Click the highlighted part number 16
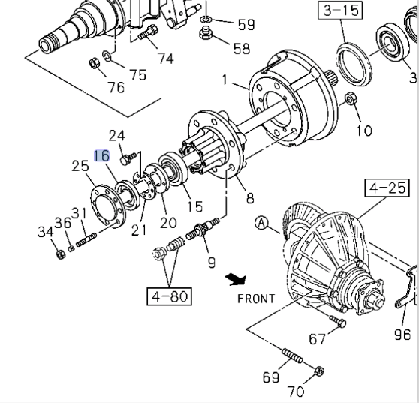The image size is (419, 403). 102,155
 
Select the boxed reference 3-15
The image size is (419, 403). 340,11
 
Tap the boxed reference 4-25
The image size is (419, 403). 387,188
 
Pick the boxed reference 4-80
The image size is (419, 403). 170,296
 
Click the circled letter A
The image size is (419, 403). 261,223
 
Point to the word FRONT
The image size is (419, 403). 256,299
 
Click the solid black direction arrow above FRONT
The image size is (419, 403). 236,279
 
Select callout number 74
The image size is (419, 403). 166,59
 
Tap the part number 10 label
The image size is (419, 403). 364,131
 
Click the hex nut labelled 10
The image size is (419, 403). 350,98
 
